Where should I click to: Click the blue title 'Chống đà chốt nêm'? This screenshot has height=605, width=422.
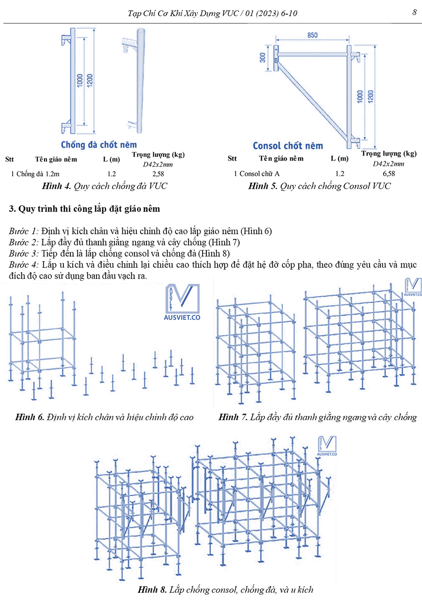[98, 145]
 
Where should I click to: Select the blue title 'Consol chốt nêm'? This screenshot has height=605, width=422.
[287, 146]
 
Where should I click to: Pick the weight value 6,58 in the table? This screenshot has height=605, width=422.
[388, 174]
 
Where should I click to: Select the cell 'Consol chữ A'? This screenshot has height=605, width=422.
[259, 174]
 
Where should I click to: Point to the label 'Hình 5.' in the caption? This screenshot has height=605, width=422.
[264, 186]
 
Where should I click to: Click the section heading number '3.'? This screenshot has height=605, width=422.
[12, 209]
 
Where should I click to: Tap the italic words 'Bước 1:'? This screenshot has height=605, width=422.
[23, 231]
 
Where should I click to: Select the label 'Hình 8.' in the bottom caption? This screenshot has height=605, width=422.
[152, 590]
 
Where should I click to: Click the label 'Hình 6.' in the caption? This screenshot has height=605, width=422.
[30, 417]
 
